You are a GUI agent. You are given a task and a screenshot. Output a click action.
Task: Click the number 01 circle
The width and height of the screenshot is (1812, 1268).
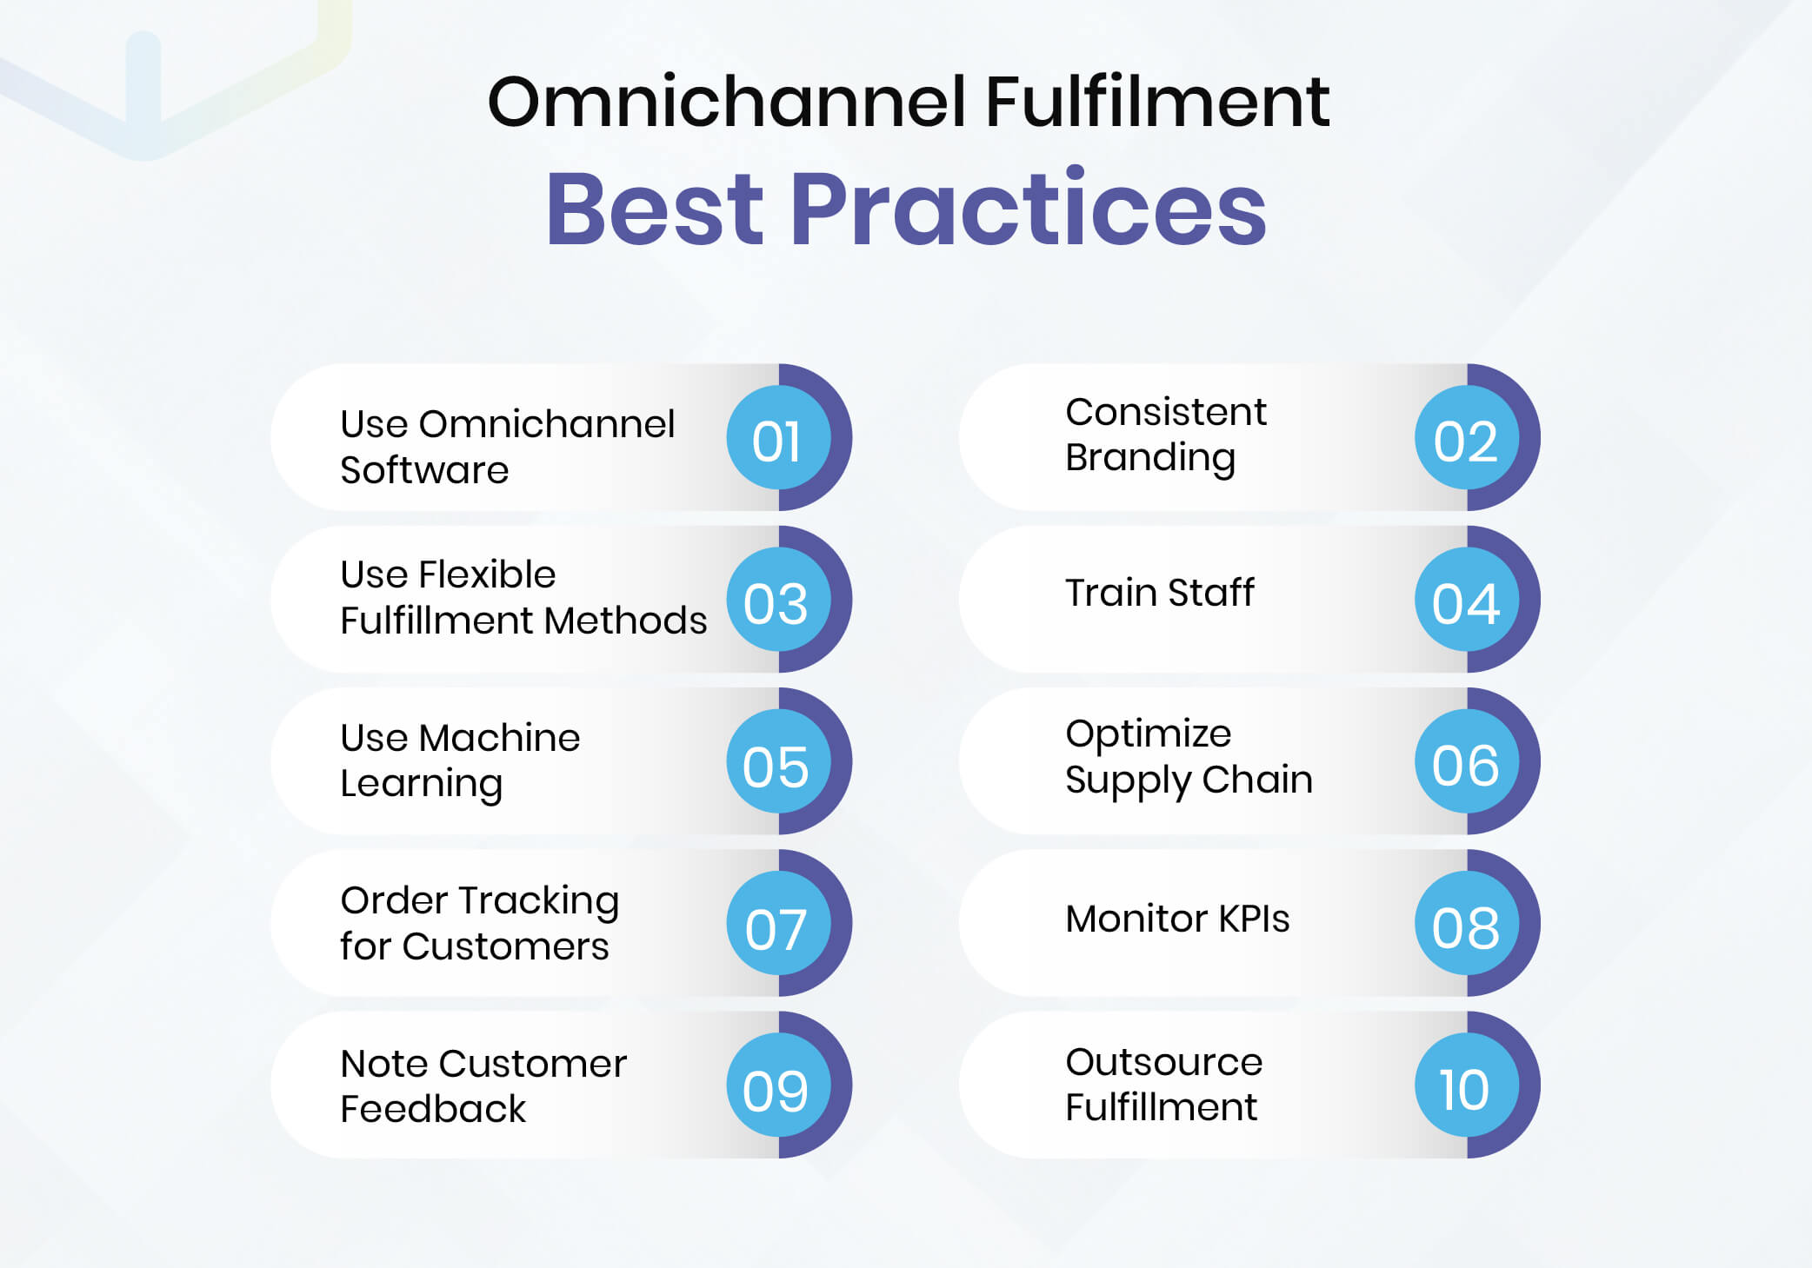(777, 439)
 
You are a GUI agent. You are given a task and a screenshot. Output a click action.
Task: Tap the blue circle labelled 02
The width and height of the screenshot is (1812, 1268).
(1466, 439)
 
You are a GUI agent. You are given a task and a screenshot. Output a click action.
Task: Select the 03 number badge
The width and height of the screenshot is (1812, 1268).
(777, 601)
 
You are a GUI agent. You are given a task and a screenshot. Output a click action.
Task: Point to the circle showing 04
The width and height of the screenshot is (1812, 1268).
(1466, 601)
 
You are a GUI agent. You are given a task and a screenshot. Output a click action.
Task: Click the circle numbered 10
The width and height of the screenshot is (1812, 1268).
(1466, 1087)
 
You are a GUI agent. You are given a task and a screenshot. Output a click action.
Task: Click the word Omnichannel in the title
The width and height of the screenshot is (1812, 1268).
(726, 102)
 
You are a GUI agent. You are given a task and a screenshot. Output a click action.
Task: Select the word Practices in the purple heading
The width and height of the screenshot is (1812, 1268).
(1027, 209)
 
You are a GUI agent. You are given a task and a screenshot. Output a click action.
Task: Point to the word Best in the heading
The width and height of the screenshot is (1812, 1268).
(654, 209)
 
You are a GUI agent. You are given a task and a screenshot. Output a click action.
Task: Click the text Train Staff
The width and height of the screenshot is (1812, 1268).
(1159, 593)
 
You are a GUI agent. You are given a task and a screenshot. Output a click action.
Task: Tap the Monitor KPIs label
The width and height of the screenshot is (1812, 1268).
(1177, 919)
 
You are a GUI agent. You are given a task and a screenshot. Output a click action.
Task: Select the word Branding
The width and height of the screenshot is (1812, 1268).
(1149, 458)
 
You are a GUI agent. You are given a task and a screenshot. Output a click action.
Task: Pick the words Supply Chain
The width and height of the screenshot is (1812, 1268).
(1188, 780)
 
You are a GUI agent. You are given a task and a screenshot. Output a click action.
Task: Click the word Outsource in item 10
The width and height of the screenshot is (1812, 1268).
(1163, 1062)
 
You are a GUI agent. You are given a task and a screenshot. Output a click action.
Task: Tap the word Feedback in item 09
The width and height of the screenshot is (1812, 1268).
(432, 1109)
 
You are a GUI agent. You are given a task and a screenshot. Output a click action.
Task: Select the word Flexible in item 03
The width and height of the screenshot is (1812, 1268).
(487, 574)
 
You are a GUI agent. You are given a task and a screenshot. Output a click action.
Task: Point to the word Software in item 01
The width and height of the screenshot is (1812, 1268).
(423, 470)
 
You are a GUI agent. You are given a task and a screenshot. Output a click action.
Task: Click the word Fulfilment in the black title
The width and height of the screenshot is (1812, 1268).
(1156, 102)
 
